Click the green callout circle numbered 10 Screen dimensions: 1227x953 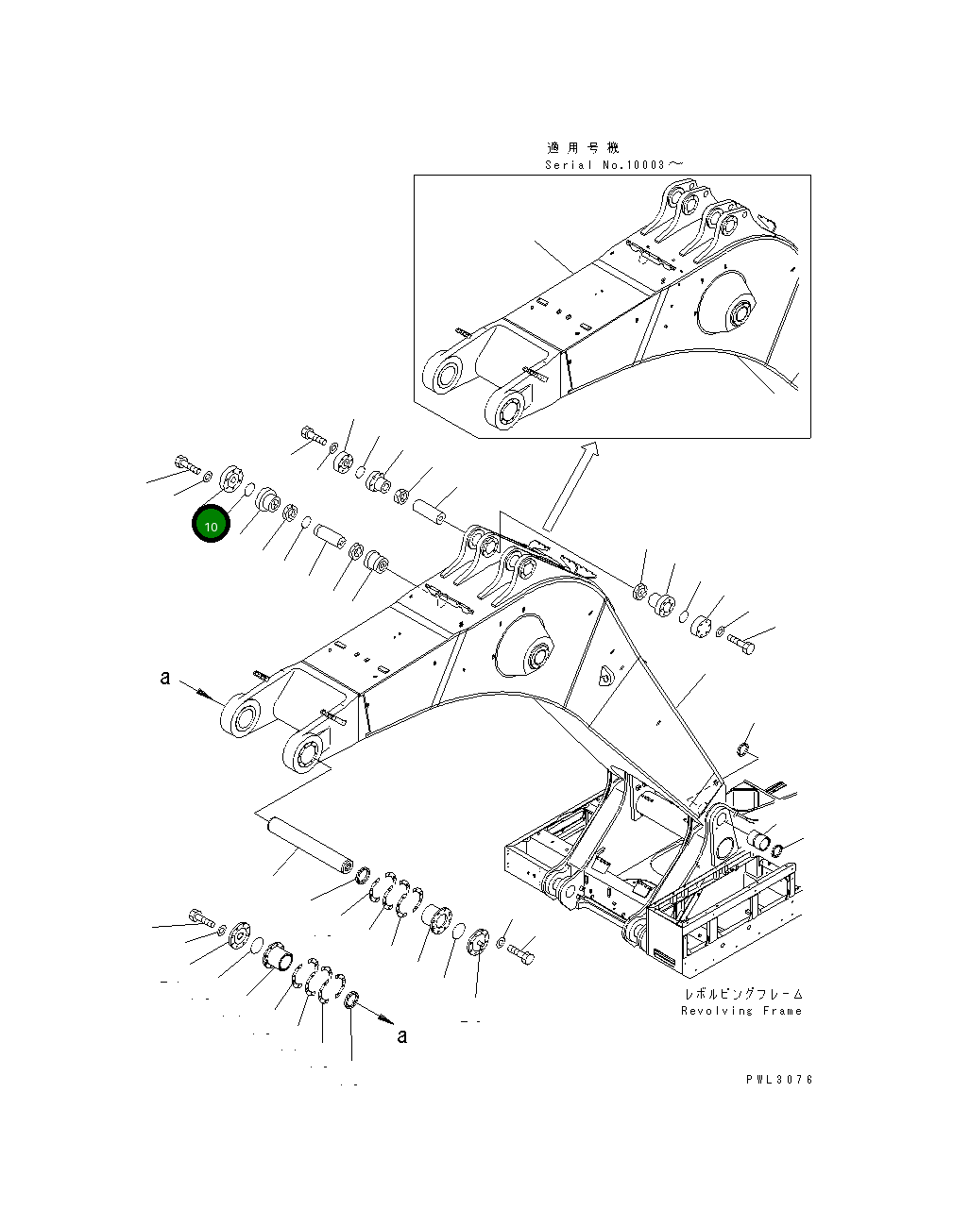pyautogui.click(x=211, y=525)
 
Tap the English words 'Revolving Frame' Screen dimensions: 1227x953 pyautogui.click(x=740, y=1011)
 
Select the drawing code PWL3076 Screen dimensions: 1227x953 pyautogui.click(x=778, y=1080)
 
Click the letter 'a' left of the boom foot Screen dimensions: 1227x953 pyautogui.click(x=165, y=678)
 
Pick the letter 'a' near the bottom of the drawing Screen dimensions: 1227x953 pyautogui.click(x=402, y=1036)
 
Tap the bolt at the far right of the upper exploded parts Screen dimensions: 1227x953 pyautogui.click(x=740, y=645)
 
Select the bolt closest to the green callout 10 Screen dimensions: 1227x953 pyautogui.click(x=187, y=463)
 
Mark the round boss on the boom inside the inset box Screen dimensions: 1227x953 pyautogui.click(x=730, y=307)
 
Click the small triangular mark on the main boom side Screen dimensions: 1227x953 pyautogui.click(x=605, y=676)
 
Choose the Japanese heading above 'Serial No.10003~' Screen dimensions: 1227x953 pyautogui.click(x=583, y=147)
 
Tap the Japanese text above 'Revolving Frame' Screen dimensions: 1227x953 pyautogui.click(x=743, y=995)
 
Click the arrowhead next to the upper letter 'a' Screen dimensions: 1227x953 pyautogui.click(x=206, y=694)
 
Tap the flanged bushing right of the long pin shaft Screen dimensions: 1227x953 pyautogui.click(x=437, y=918)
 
